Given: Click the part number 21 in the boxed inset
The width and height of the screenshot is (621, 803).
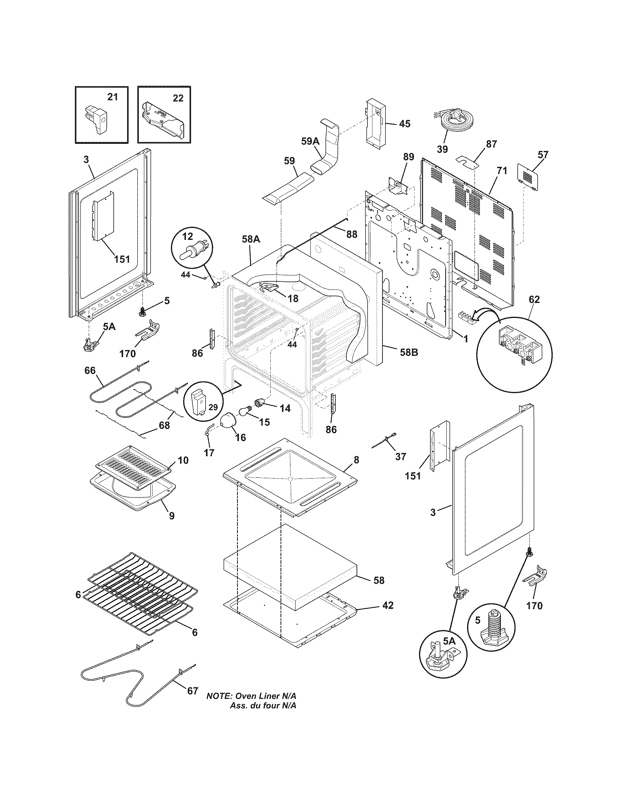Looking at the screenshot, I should (x=113, y=97).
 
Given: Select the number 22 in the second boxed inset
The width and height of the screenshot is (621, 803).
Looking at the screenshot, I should (x=178, y=99).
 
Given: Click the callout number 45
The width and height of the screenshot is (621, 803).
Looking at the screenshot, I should (x=404, y=124).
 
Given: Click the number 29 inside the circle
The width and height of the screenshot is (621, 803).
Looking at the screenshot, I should (x=213, y=407).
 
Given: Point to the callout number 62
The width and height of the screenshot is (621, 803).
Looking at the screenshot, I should (x=534, y=300).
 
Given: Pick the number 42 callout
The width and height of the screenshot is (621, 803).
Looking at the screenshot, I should (x=388, y=605).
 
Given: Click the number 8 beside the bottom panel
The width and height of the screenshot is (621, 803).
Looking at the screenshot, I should (x=356, y=460).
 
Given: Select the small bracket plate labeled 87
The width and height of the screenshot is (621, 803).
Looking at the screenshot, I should (x=466, y=162).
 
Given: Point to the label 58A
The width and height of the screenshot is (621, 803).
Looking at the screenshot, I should (x=251, y=239).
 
